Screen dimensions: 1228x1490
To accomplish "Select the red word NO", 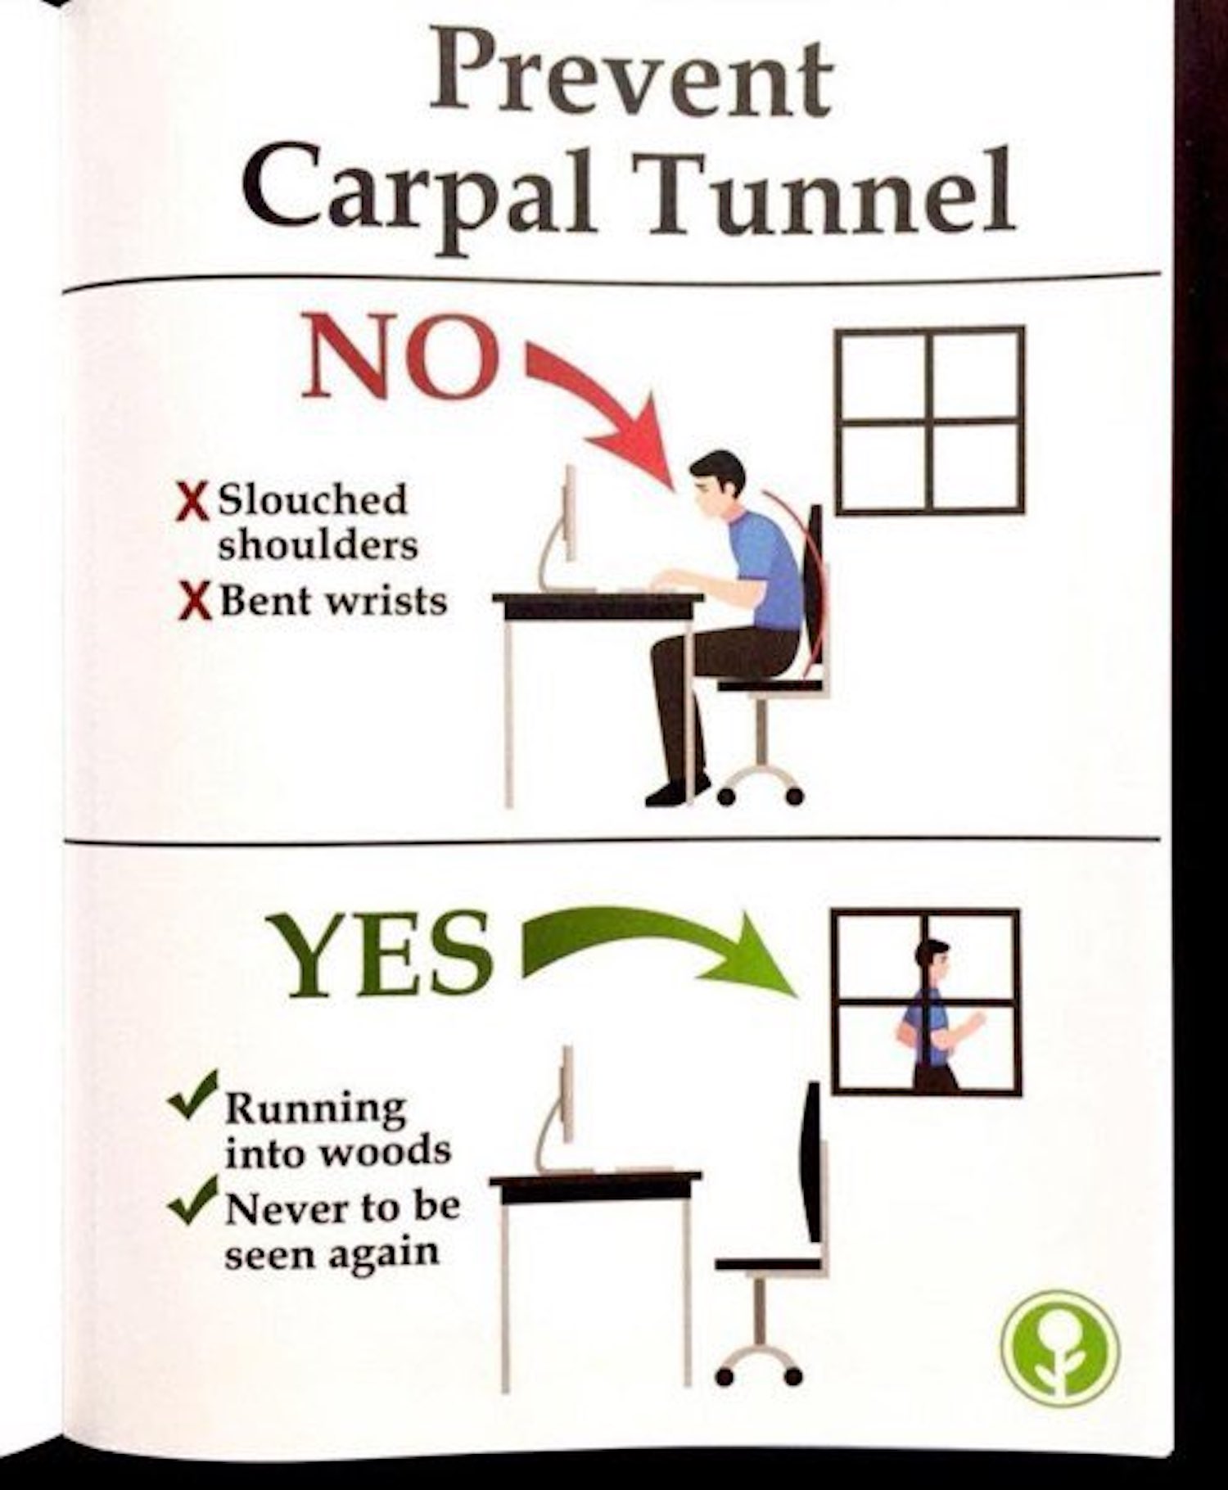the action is point(400,358).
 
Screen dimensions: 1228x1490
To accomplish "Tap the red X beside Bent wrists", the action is point(192,603).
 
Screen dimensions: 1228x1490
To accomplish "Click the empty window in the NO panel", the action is point(931,420).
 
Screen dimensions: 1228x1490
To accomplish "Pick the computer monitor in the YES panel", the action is point(565,1110).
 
